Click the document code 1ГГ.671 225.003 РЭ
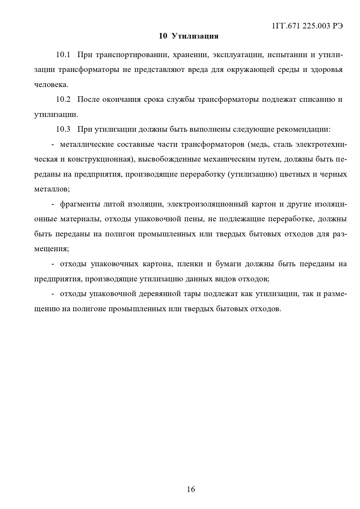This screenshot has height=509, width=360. click(307, 26)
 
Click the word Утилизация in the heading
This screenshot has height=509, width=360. click(195, 36)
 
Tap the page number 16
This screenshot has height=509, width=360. click(191, 489)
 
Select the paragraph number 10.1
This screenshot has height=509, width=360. click(63, 55)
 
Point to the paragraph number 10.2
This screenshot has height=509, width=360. click(63, 99)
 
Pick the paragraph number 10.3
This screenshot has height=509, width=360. click(63, 129)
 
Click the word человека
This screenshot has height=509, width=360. click(51, 85)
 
